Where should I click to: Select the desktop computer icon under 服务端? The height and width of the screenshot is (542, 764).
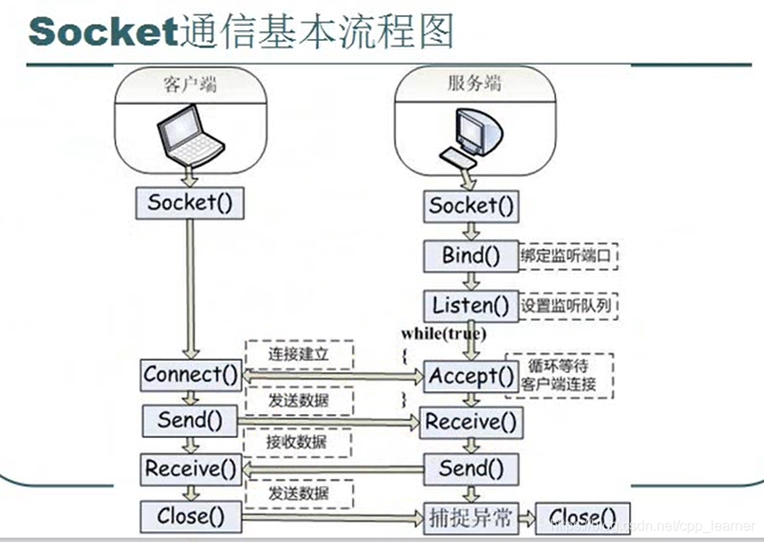470,138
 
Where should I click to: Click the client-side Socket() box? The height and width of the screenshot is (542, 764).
190,202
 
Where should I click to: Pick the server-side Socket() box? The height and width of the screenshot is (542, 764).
472,206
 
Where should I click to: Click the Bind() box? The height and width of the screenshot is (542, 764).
471,255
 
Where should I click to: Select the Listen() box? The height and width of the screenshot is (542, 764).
471,306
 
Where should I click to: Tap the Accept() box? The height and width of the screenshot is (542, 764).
471,376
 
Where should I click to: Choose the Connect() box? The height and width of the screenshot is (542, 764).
191,374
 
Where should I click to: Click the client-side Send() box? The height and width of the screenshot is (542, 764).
190,419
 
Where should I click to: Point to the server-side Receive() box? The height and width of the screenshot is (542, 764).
471,421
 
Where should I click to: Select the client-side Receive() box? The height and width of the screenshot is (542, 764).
191,467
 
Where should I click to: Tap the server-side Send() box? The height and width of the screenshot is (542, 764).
471,467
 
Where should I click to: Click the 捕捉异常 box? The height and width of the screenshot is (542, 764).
470,516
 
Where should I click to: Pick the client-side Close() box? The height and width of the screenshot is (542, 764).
190,515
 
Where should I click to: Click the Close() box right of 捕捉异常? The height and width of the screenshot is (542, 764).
582,516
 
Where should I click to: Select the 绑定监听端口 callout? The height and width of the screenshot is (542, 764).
568,256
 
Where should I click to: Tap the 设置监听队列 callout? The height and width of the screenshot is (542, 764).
568,306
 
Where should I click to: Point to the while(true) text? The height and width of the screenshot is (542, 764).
443,333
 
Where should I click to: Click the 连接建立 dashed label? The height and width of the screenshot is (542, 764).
298,354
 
